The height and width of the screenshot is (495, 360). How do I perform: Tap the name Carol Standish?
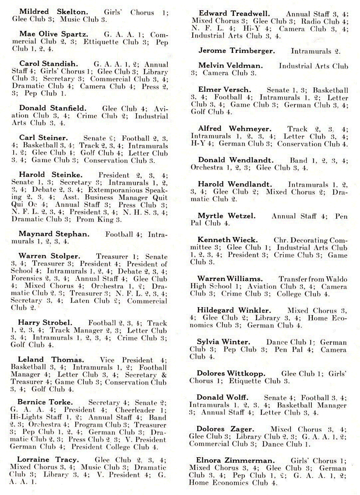point(48,64)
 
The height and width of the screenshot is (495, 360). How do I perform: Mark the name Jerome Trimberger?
point(237,51)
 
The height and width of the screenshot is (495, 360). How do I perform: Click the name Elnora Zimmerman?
point(235,460)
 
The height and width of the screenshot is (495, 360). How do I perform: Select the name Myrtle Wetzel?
point(226,216)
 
